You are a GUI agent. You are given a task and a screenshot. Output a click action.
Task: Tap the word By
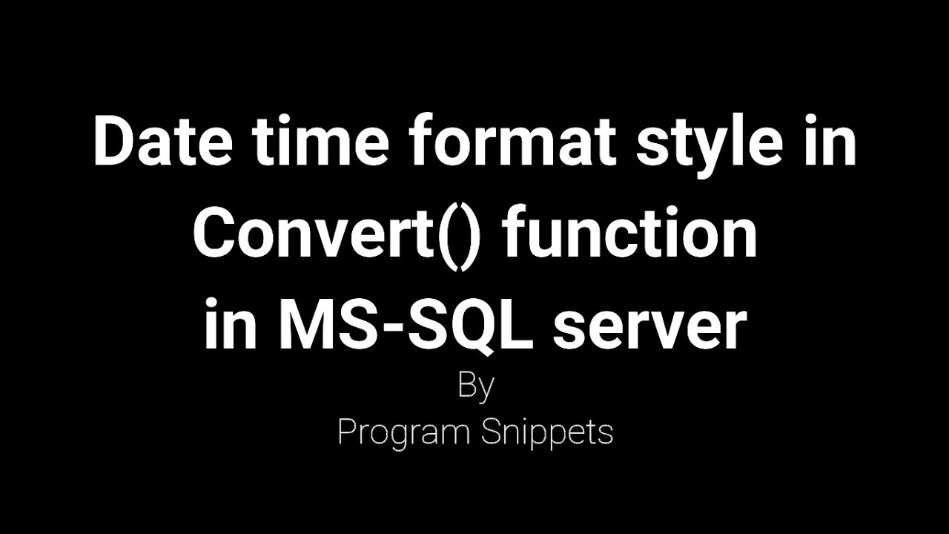475,387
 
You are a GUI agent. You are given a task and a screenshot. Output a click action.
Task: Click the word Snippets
546,432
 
